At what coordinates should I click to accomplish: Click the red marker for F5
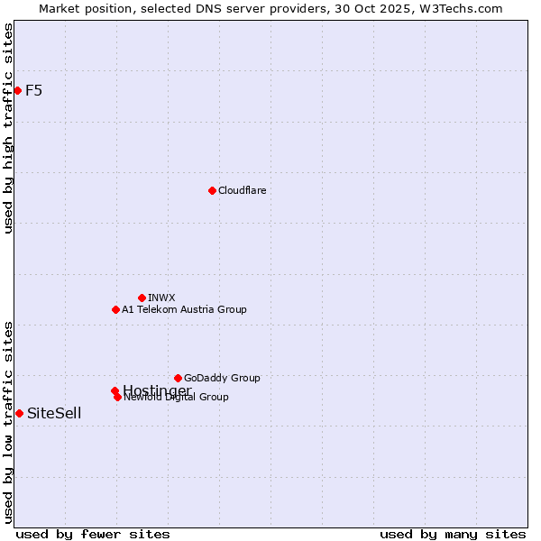pyautogui.click(x=17, y=90)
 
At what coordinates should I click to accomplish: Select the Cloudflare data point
pyautogui.click(x=212, y=190)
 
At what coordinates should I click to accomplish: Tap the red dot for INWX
pyautogui.click(x=142, y=298)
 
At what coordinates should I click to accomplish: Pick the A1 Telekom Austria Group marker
pyautogui.click(x=115, y=309)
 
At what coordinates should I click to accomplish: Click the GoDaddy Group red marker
pyautogui.click(x=178, y=378)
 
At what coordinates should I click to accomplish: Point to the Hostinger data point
pyautogui.click(x=115, y=390)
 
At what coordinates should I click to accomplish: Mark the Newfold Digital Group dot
pyautogui.click(x=117, y=397)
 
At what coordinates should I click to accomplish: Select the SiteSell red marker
pyautogui.click(x=19, y=413)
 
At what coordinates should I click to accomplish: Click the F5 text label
pyautogui.click(x=33, y=90)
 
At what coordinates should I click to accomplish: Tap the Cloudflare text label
pyautogui.click(x=242, y=190)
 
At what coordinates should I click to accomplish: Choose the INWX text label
pyautogui.click(x=161, y=298)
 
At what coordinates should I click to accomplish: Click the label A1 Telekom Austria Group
pyautogui.click(x=184, y=309)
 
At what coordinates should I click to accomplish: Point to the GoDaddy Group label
pyautogui.click(x=222, y=378)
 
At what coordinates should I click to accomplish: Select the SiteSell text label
pyautogui.click(x=54, y=413)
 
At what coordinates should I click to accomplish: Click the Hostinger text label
pyautogui.click(x=157, y=390)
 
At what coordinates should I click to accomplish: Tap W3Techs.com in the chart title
pyautogui.click(x=460, y=8)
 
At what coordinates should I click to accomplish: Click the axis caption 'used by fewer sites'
pyautogui.click(x=80, y=535)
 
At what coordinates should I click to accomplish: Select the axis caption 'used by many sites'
pyautogui.click(x=453, y=535)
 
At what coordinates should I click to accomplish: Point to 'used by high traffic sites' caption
pyautogui.click(x=8, y=127)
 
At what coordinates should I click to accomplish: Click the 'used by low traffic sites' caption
pyautogui.click(x=8, y=422)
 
